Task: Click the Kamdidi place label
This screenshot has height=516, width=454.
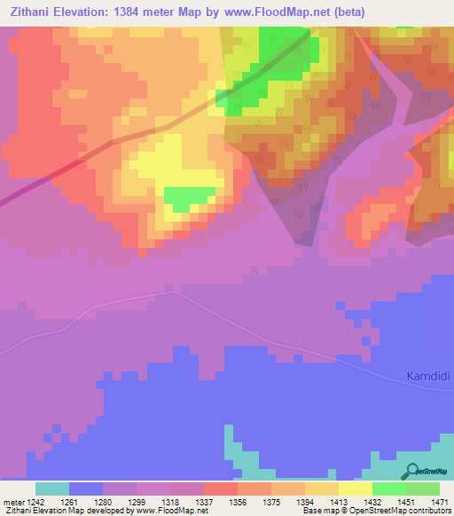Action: click(428, 376)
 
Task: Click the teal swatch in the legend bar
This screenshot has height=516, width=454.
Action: click(52, 489)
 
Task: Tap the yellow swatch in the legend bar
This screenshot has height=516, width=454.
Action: click(355, 489)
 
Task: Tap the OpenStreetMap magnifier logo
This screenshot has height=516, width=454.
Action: click(411, 472)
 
